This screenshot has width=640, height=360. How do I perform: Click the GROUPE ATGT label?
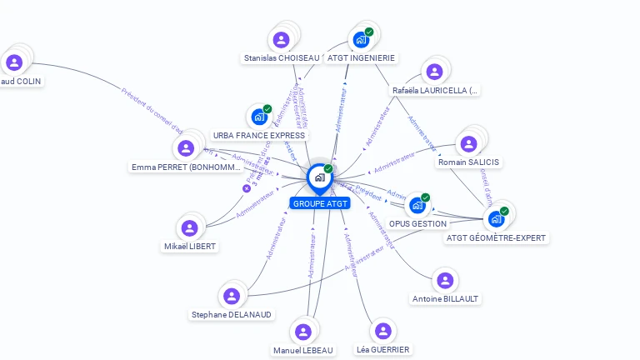tap(321, 203)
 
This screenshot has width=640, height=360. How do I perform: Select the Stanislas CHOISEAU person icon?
tap(282, 39)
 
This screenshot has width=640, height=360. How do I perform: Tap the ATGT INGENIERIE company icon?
tap(361, 39)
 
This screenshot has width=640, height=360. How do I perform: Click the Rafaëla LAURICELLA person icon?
tap(433, 72)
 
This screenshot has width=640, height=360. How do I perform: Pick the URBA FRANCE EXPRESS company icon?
tap(259, 117)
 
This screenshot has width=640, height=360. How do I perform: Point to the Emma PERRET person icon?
tap(186, 148)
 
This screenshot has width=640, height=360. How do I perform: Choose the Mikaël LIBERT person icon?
tap(190, 227)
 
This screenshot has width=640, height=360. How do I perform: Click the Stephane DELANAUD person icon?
tap(232, 296)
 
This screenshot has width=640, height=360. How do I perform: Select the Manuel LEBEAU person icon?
tap(303, 332)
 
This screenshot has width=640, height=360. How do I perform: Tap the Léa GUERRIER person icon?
tap(382, 331)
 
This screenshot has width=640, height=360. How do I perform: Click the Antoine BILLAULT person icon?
tap(445, 280)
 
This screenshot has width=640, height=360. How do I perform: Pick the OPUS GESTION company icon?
tap(417, 205)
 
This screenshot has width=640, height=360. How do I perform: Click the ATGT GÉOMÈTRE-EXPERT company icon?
tap(496, 219)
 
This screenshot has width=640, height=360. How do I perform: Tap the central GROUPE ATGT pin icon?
tap(319, 177)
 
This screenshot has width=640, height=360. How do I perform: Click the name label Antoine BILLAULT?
tap(446, 298)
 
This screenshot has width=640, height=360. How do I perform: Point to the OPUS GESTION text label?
tap(417, 223)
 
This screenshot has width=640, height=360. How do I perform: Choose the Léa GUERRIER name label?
tap(382, 349)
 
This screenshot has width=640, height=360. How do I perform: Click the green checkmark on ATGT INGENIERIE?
tap(369, 32)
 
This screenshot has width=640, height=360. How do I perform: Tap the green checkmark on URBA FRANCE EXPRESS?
tap(267, 109)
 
